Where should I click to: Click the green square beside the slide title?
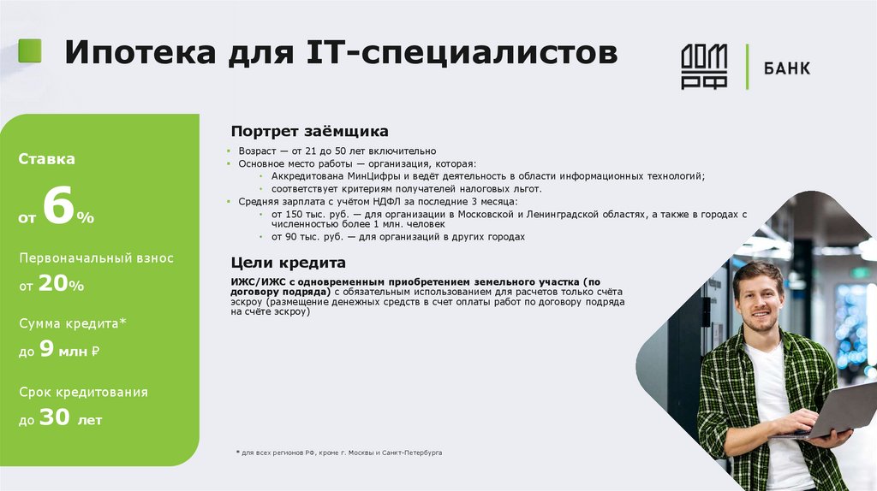(30, 51)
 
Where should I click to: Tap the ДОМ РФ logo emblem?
(704, 67)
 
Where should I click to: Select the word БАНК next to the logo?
(785, 68)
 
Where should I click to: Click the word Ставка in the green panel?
(47, 159)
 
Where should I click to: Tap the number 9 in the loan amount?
(46, 349)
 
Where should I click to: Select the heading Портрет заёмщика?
(309, 132)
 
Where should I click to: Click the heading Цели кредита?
(288, 263)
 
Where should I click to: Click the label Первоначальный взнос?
(96, 257)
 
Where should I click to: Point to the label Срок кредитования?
(83, 392)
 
